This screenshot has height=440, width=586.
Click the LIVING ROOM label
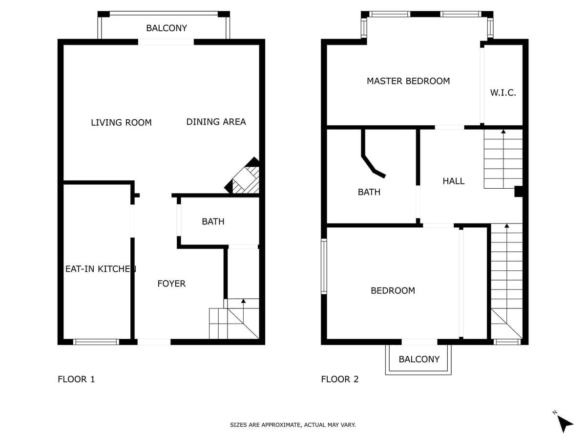[x=121, y=123]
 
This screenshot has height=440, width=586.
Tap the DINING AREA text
[x=216, y=122]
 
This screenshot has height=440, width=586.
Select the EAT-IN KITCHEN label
[x=101, y=269]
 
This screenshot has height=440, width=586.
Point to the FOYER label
[x=171, y=284]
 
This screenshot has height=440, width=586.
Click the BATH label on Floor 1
[x=213, y=221]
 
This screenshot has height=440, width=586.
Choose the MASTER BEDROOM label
[x=408, y=81]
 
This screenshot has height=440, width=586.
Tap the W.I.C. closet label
[x=503, y=93]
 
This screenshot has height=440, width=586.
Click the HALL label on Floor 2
[x=454, y=181]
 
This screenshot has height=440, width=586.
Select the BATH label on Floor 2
[x=369, y=192]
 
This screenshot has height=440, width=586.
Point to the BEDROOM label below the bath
[x=393, y=290]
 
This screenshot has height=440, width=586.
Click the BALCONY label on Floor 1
[x=167, y=28]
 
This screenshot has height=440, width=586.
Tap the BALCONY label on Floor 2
[x=419, y=359]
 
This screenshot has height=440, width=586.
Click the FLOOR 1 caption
[x=76, y=379]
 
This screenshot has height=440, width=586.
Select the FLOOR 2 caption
[x=340, y=379]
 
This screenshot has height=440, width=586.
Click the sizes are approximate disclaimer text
[x=293, y=425]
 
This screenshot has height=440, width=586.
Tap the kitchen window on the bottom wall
[x=96, y=342]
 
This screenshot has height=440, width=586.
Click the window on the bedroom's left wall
[x=324, y=266]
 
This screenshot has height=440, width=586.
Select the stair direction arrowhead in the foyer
[x=243, y=301]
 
